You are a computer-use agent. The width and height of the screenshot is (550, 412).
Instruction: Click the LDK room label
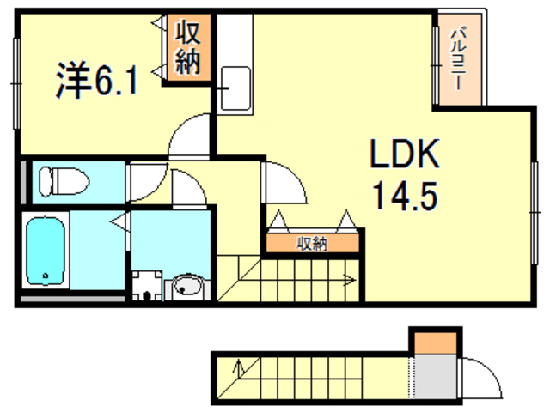[405, 154]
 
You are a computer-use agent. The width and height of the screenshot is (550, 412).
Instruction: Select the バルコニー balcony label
[459, 60]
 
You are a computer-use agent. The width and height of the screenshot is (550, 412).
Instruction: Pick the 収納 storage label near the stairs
[312, 244]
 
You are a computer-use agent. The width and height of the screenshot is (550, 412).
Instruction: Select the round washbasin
[185, 286]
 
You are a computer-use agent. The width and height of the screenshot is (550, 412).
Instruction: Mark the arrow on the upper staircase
[348, 279]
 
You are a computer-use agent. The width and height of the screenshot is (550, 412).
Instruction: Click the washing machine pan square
[149, 286]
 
